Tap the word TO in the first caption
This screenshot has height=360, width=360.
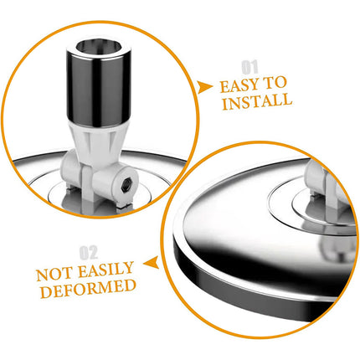pyautogui.click(x=275, y=83)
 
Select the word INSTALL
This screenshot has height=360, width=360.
pyautogui.click(x=257, y=101)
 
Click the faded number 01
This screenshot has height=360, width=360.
pyautogui.click(x=249, y=68)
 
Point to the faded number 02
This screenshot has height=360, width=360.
pyautogui.click(x=89, y=252)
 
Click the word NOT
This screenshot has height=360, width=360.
pyautogui.click(x=55, y=275)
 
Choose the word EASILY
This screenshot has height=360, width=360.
pyautogui.click(x=105, y=269)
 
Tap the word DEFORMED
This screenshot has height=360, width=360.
pyautogui.click(x=88, y=288)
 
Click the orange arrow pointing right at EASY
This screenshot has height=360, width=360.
pyautogui.click(x=204, y=87)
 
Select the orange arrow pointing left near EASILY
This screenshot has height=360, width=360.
pyautogui.click(x=151, y=262)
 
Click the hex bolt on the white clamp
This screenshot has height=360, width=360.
pyautogui.click(x=126, y=185)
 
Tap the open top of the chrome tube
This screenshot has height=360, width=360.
pyautogui.click(x=99, y=47)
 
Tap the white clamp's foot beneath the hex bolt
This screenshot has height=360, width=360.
pyautogui.click(x=124, y=204)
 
